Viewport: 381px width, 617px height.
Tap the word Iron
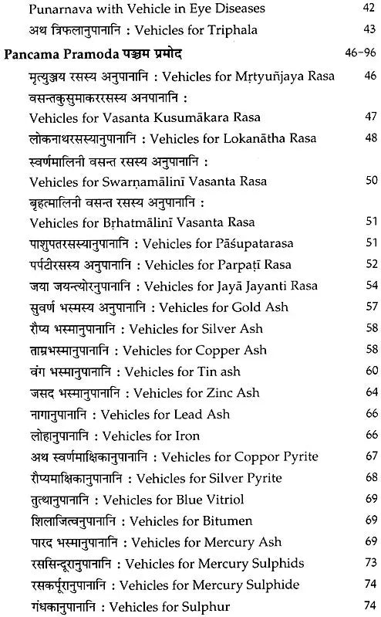pyautogui.click(x=189, y=436)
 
